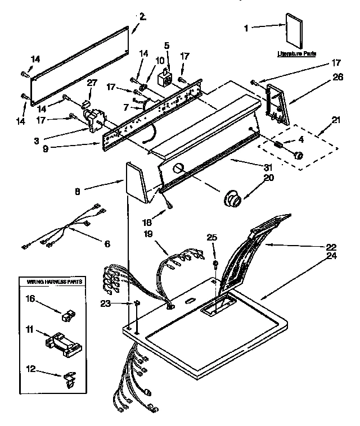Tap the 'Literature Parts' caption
coord(296,54)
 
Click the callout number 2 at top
coord(142,17)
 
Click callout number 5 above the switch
coord(166,45)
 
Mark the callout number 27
coord(92,83)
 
